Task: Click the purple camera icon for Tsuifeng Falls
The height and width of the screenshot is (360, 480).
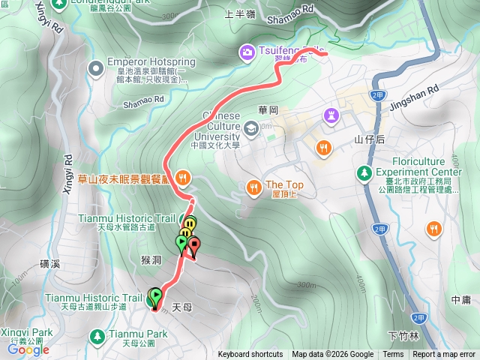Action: (246, 52)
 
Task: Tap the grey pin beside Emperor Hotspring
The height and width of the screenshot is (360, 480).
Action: (95, 70)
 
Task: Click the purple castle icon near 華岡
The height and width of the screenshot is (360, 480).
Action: (331, 115)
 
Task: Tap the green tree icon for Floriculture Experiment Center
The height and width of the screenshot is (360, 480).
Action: (364, 172)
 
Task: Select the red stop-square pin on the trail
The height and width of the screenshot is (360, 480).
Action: (195, 244)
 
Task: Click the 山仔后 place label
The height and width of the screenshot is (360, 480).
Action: (369, 139)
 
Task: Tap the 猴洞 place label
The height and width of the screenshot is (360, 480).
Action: (151, 259)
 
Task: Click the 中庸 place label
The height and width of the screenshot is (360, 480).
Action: (460, 299)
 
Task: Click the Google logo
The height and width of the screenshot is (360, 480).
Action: (28, 349)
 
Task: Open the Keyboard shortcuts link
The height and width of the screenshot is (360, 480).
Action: (250, 355)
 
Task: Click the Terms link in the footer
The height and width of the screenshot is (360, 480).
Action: (393, 355)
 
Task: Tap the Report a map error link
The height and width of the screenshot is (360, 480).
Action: (444, 355)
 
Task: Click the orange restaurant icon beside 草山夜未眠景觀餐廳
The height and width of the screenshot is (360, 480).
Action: (184, 178)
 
